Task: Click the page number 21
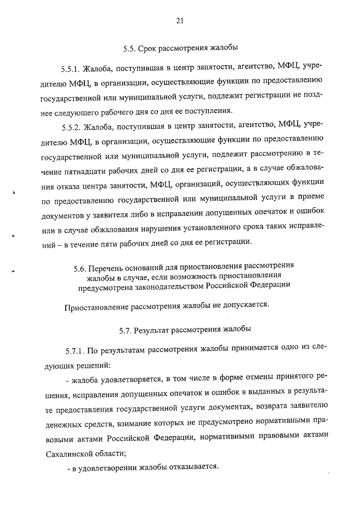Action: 179,21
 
